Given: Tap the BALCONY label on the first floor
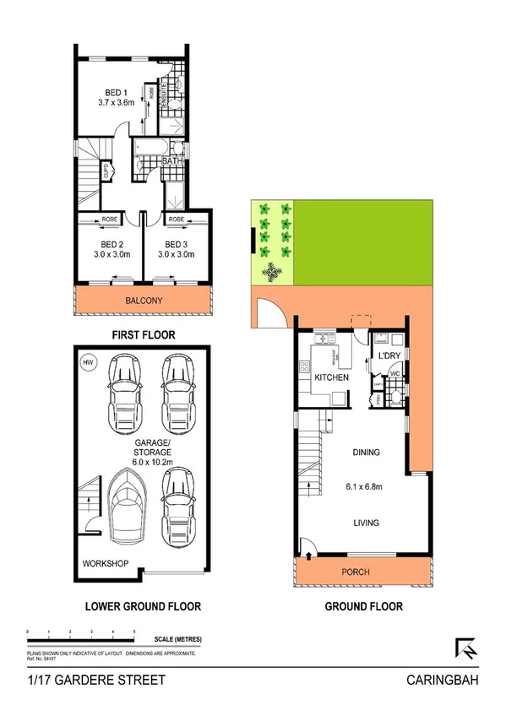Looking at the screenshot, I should (143, 301).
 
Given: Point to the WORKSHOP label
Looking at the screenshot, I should (106, 562).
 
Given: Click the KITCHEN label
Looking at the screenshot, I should (331, 378).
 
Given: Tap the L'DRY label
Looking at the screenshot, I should (389, 355).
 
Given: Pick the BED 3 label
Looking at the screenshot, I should (176, 246).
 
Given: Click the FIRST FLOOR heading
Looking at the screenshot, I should (144, 335).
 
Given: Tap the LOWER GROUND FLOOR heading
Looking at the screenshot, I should (143, 606).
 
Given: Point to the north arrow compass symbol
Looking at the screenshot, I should (465, 648).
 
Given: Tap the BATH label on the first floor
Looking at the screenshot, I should (172, 160).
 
